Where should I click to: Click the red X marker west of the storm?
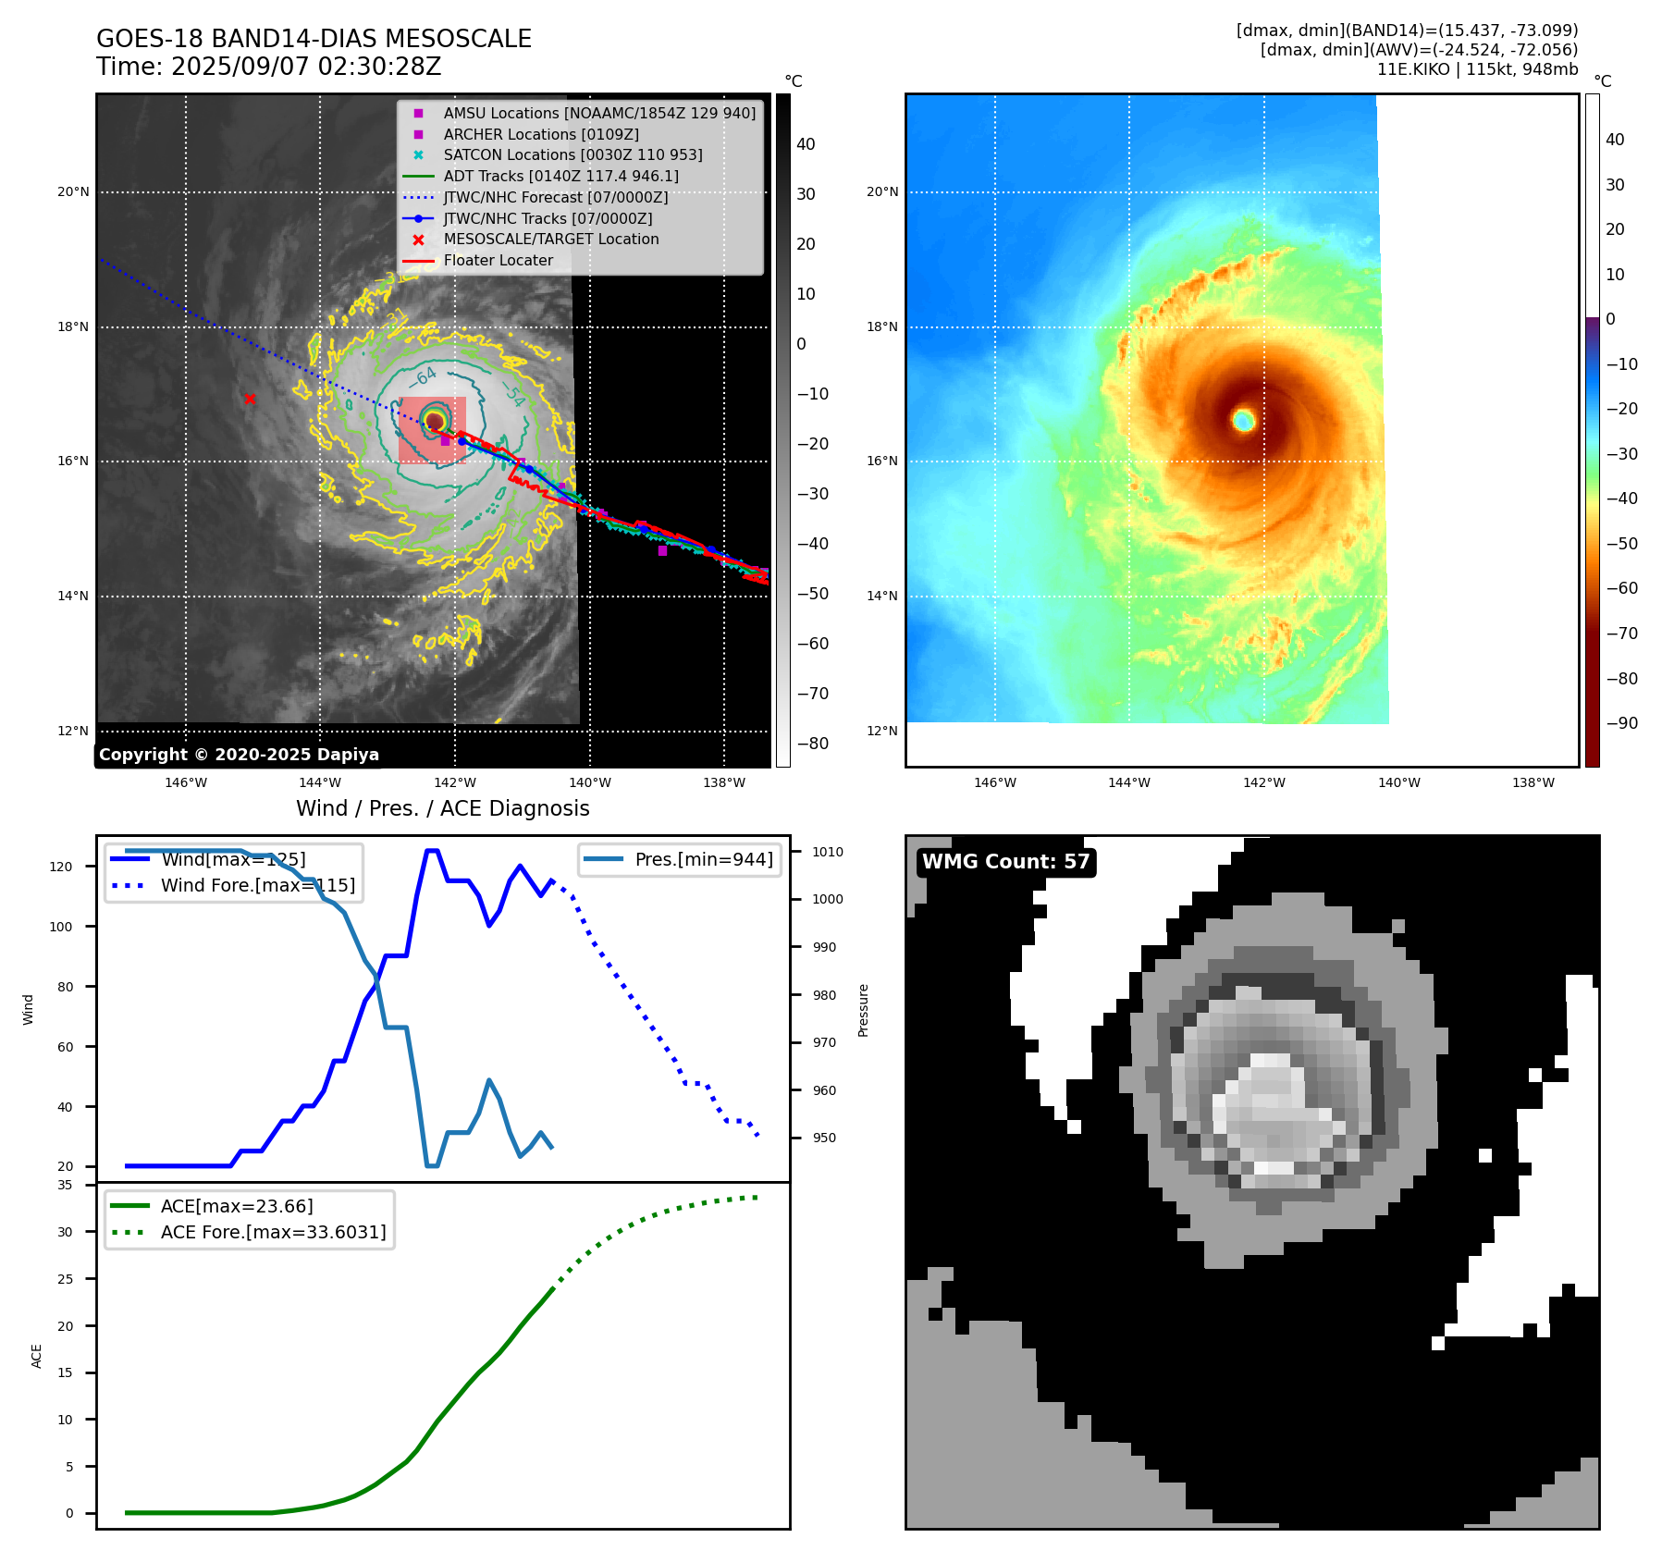click(x=250, y=399)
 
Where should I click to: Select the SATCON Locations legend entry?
click(x=572, y=154)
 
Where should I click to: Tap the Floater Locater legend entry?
click(x=498, y=260)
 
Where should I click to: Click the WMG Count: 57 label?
click(x=1005, y=862)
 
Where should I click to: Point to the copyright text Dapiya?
click(x=239, y=755)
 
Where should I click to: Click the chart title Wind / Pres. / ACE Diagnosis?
click(x=442, y=808)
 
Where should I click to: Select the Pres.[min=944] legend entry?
click(x=703, y=859)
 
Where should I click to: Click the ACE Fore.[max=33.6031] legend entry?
click(x=273, y=1232)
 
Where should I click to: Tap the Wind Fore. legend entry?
click(x=257, y=885)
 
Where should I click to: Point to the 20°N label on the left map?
click(x=74, y=192)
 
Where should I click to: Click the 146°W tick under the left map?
click(x=186, y=782)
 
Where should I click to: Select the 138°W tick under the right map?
click(x=1533, y=782)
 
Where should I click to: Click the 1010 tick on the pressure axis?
click(x=828, y=852)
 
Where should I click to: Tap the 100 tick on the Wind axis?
click(x=61, y=927)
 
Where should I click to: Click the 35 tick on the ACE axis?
click(x=65, y=1185)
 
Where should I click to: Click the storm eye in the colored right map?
click(x=1243, y=421)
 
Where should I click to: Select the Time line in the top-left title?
click(x=268, y=67)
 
